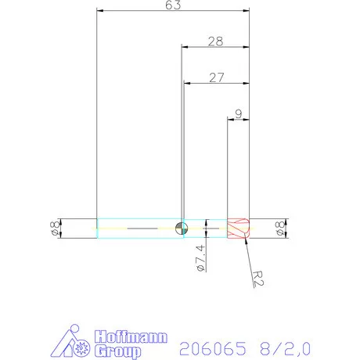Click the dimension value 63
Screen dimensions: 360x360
tap(173, 6)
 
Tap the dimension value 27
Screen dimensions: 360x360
tap(217, 77)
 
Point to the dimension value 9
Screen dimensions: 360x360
tap(238, 113)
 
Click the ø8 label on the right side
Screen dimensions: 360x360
tap(279, 229)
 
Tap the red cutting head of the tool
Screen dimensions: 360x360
tap(238, 229)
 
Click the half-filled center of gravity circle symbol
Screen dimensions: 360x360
tap(182, 229)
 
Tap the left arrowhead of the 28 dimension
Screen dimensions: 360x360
tap(185, 47)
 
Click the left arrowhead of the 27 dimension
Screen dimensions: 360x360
tap(187, 83)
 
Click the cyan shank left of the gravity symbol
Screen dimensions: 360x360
tap(137, 229)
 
